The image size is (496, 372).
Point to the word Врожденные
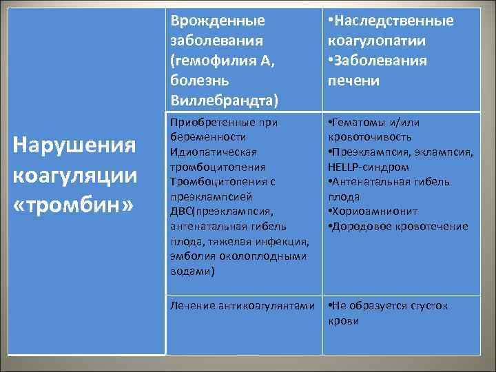pos(217,21)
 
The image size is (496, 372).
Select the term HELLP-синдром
pos(369,167)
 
